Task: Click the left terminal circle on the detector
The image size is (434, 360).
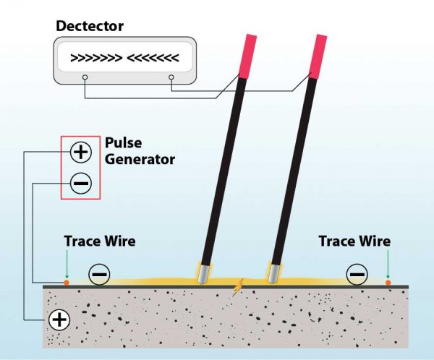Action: [x=85, y=77]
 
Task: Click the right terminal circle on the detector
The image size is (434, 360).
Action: [x=171, y=77]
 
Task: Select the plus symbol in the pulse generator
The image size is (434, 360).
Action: [x=80, y=152]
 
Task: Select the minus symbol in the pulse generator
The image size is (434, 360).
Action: [x=80, y=184]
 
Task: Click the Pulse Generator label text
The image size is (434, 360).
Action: [x=140, y=150]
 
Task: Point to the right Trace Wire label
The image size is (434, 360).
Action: [x=354, y=241]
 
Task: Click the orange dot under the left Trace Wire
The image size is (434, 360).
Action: [x=67, y=283]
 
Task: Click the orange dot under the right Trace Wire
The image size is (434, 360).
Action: [x=388, y=283]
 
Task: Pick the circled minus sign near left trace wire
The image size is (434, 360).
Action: [x=100, y=274]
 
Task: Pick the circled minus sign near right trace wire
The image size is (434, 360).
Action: [x=356, y=274]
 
